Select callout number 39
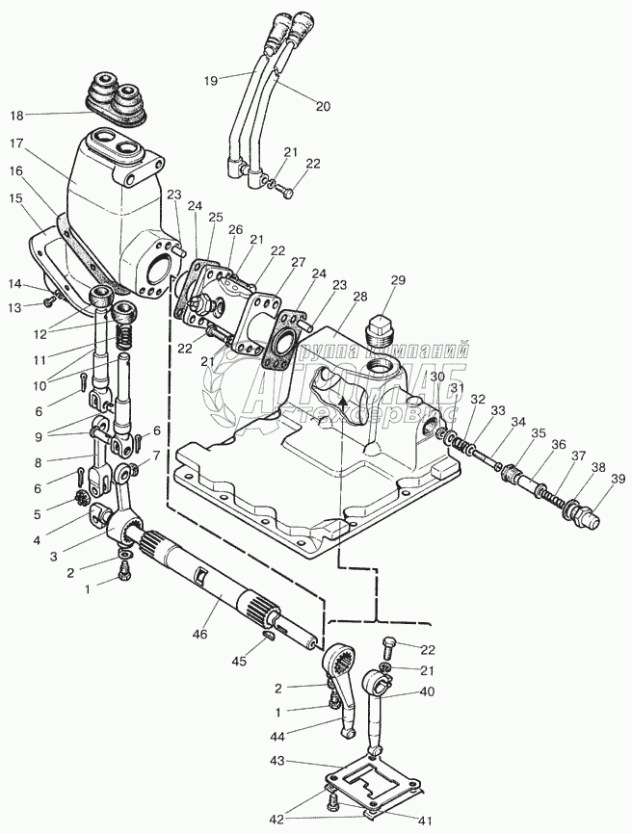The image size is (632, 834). (617, 479)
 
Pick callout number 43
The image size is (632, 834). (277, 762)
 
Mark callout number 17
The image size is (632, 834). (18, 143)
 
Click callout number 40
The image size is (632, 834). (428, 691)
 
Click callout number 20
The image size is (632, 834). (323, 107)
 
